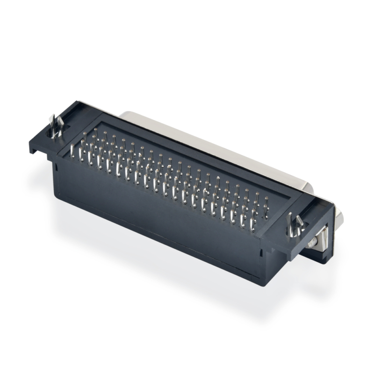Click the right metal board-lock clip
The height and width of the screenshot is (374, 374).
(296, 223)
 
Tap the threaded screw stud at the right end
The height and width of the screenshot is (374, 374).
(312, 241)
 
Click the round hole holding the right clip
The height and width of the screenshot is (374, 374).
(295, 230)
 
